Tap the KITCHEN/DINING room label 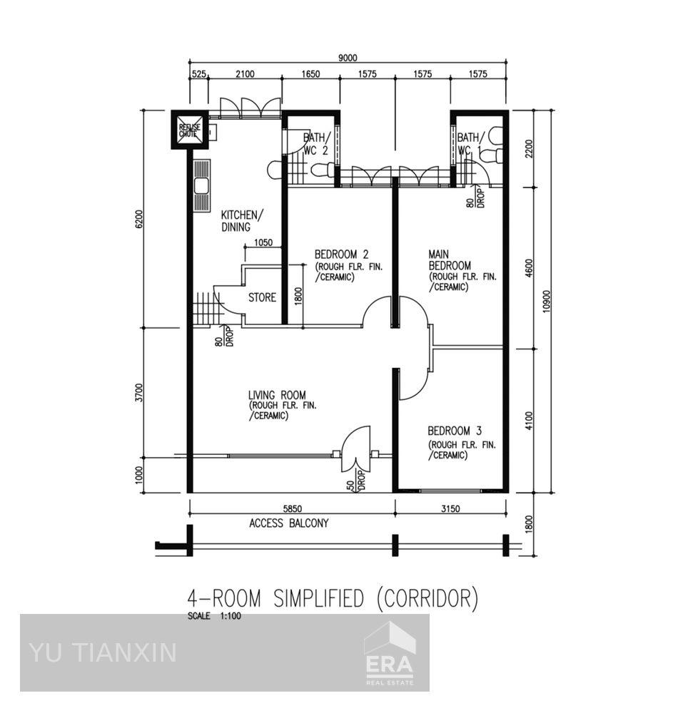coord(241,221)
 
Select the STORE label coord(262,297)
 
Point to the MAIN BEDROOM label coord(450,260)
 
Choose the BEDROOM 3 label coord(455,431)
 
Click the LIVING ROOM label coord(277,395)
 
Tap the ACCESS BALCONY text coord(289,523)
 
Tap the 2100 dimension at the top coord(244,73)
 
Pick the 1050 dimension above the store coord(263,242)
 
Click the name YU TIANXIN coord(103,652)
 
